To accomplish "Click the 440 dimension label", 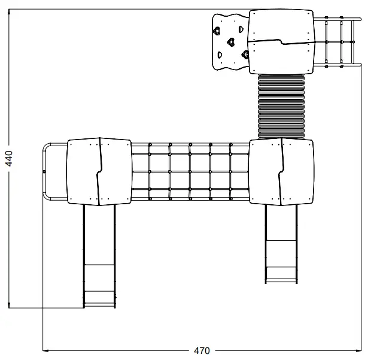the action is [9, 158].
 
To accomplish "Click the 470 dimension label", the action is [202, 351].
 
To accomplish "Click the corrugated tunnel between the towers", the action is [281, 107].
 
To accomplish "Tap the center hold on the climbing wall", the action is [231, 42].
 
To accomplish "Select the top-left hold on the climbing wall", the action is [217, 31].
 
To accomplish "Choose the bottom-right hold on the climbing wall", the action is [245, 55].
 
